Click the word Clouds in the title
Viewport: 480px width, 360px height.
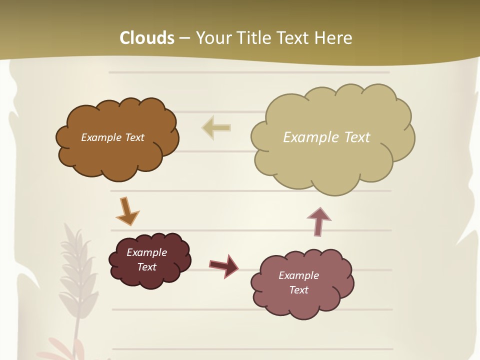(x=147, y=38)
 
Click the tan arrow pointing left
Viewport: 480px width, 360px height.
(x=216, y=127)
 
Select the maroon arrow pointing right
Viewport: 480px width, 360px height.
(x=224, y=265)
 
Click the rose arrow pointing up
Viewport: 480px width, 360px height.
(x=318, y=220)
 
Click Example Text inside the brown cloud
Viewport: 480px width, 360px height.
(x=112, y=137)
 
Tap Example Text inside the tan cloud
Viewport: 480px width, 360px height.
(x=326, y=137)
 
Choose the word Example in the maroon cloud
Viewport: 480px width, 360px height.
(x=146, y=252)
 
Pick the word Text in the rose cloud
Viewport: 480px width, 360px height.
(x=298, y=290)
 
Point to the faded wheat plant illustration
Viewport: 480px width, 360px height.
(x=75, y=280)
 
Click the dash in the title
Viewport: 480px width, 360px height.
(x=184, y=38)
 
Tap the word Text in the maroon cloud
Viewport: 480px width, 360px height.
(x=146, y=267)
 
